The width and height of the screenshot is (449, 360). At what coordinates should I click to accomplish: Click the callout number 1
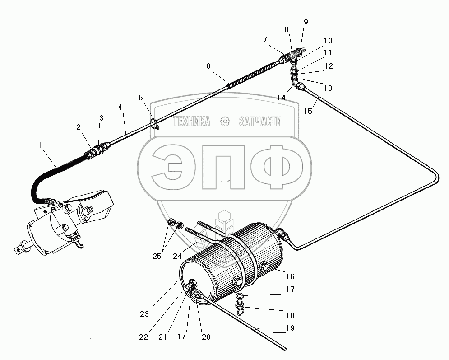(x=40, y=145)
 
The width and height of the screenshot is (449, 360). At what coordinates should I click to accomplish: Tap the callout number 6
(x=208, y=66)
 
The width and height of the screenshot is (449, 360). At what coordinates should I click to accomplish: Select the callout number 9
(x=306, y=22)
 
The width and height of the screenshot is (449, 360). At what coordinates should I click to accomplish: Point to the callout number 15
(x=308, y=111)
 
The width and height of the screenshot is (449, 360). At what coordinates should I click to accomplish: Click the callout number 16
(x=290, y=276)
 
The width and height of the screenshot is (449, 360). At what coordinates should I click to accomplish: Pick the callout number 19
(x=290, y=328)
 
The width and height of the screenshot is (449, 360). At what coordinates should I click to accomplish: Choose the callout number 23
(x=144, y=314)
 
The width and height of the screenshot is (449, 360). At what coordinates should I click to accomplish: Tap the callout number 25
(x=157, y=256)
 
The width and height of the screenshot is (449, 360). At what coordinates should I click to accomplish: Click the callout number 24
(x=177, y=256)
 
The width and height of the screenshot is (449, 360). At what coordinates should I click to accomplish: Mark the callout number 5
(x=141, y=98)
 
